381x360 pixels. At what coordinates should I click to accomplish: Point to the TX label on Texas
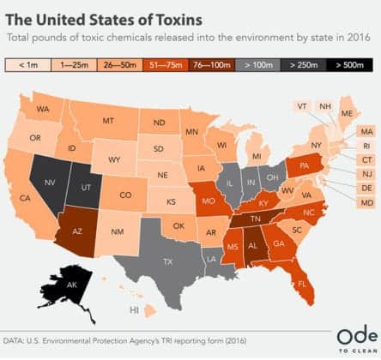169,237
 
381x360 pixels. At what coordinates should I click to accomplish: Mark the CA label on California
26,198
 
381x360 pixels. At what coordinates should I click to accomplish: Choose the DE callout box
366,188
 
